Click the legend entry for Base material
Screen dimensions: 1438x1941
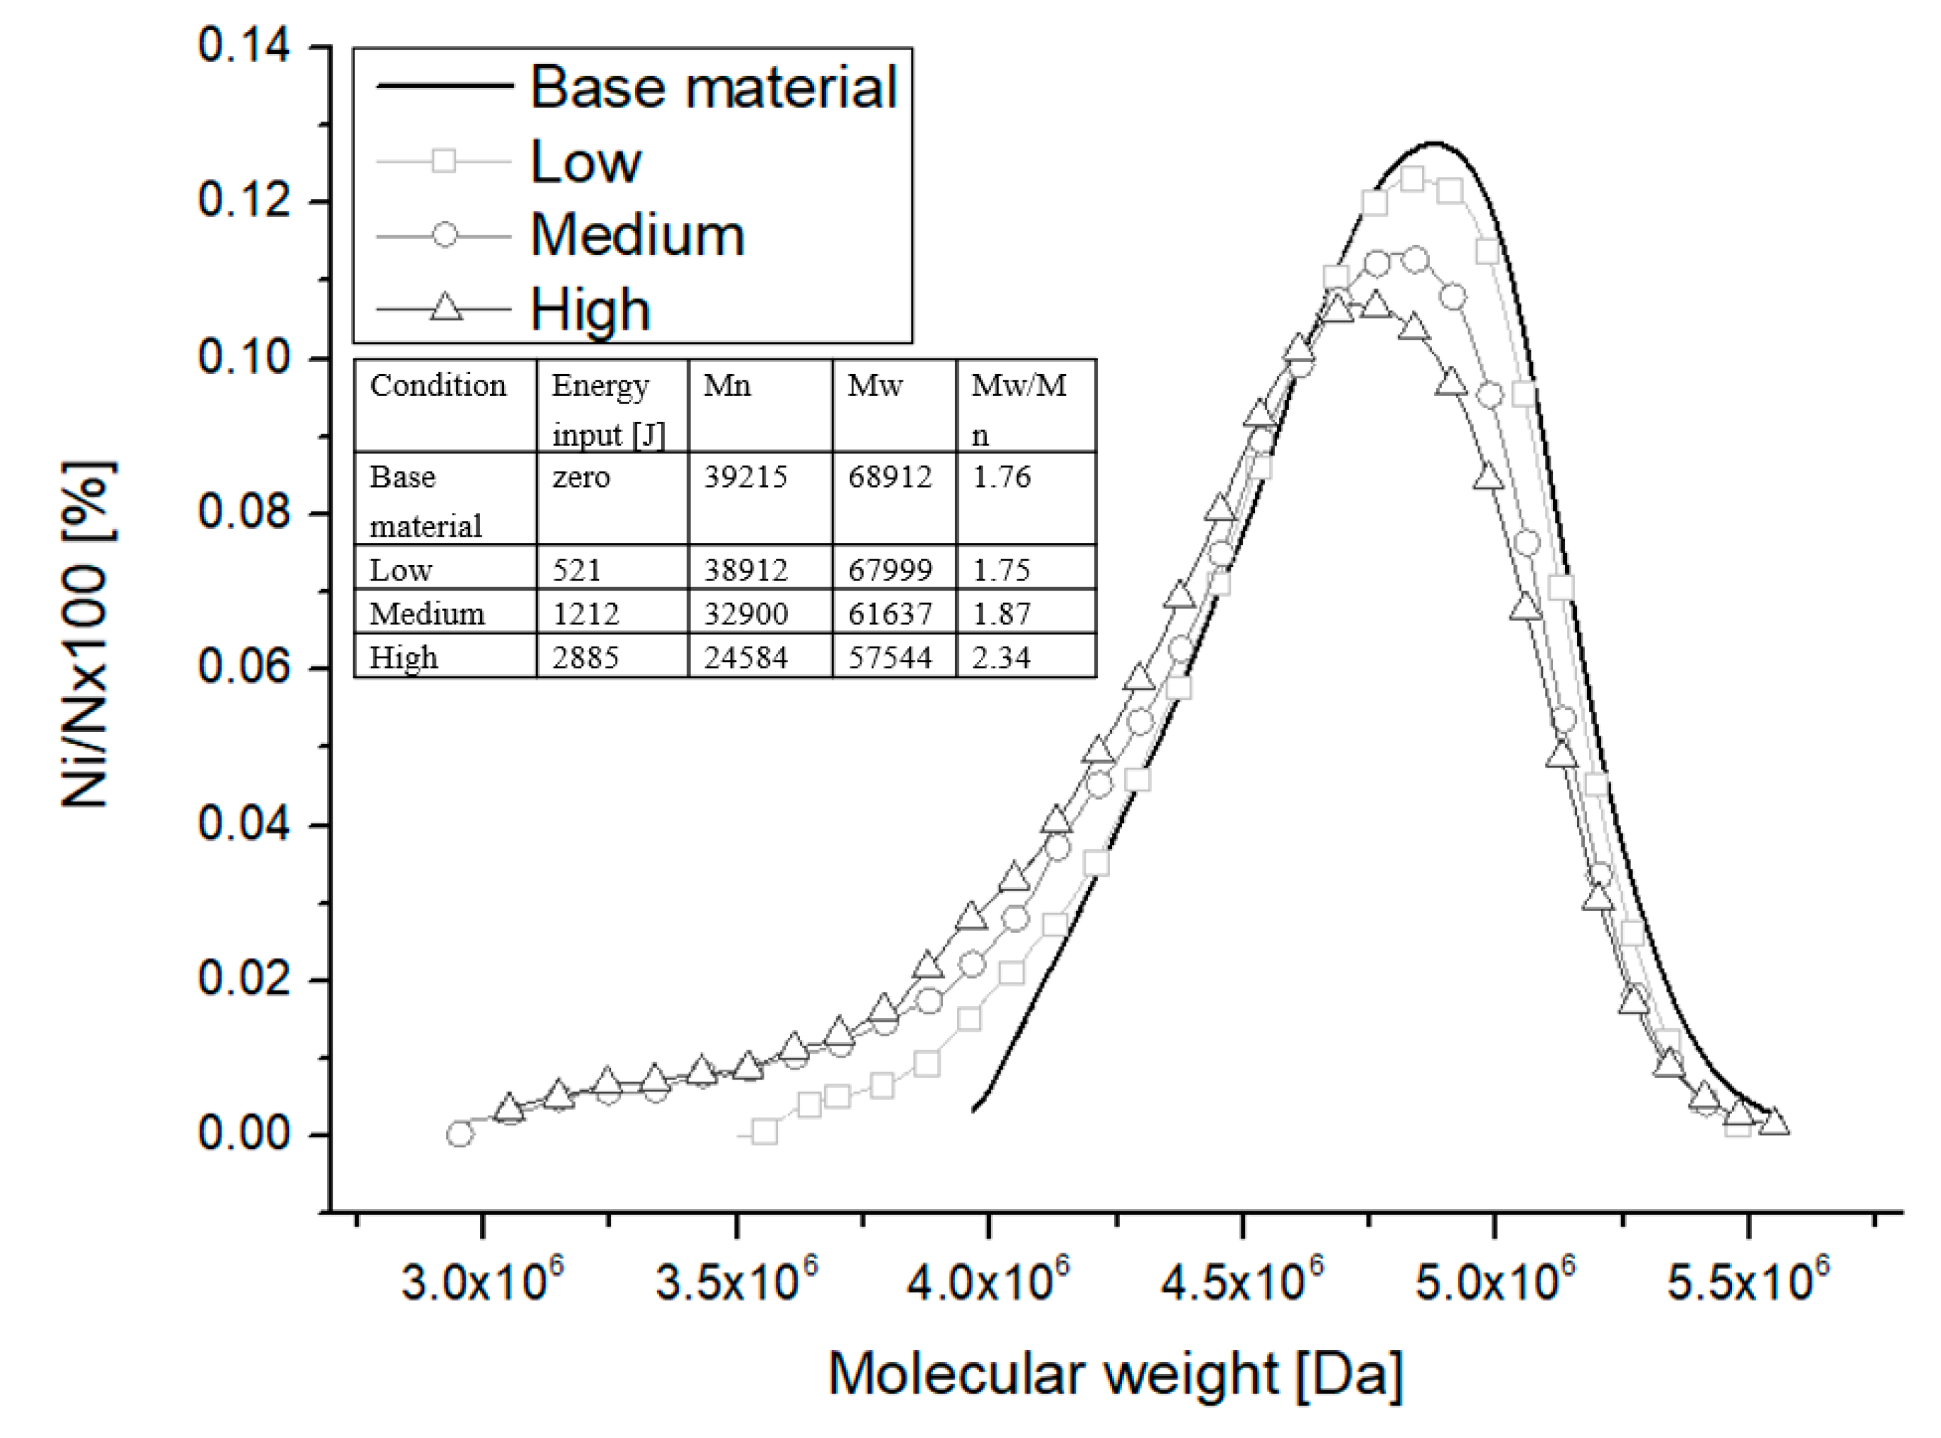coord(713,87)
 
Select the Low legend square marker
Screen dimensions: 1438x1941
coord(444,161)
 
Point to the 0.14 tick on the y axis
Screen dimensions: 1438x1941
coord(243,45)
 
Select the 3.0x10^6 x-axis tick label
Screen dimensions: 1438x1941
coord(481,1281)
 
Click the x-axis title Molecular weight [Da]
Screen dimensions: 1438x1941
coord(1115,1375)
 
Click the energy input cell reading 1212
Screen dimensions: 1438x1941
coord(585,614)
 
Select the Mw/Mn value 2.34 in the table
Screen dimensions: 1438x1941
coord(1001,657)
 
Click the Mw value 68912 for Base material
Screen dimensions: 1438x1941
coord(890,477)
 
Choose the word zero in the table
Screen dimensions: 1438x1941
coord(580,477)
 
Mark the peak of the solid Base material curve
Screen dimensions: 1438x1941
coord(1433,142)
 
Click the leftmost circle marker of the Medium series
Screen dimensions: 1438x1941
coord(459,1134)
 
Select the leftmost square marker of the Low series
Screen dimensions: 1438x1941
coord(764,1132)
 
